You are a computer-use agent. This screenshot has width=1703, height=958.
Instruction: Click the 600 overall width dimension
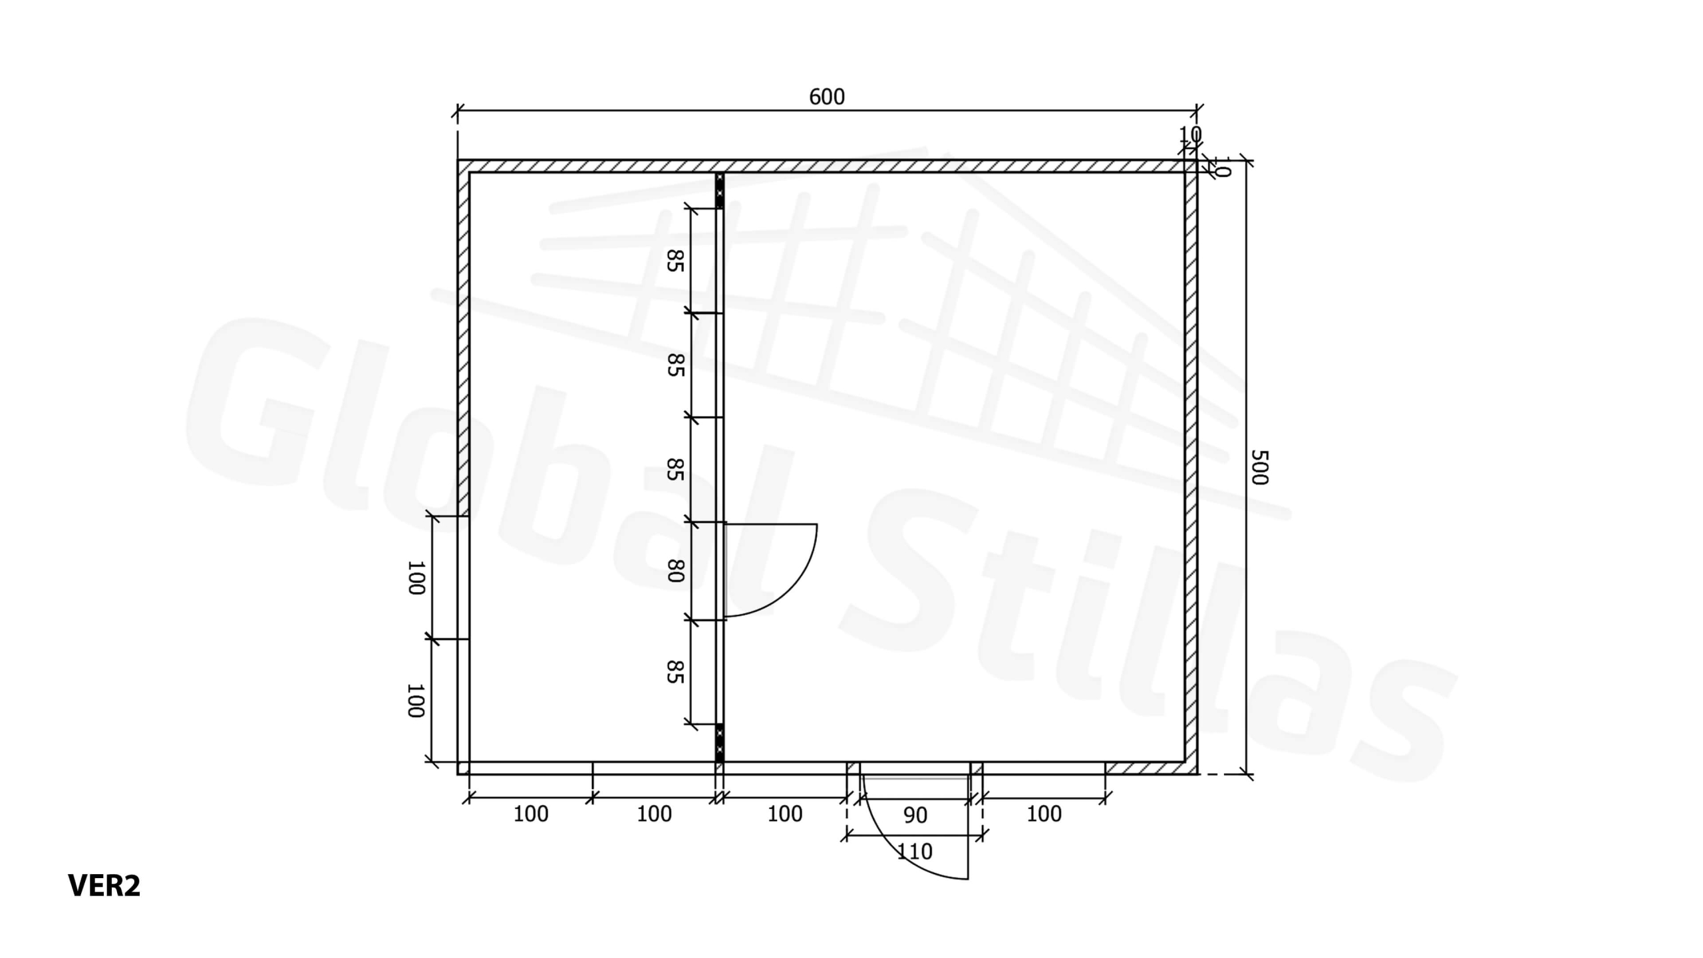(x=827, y=97)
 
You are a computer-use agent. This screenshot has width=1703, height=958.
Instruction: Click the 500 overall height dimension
(x=1259, y=467)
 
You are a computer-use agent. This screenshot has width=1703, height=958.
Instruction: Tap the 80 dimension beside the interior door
(x=675, y=571)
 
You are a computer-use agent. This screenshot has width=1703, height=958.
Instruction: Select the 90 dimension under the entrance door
(x=915, y=815)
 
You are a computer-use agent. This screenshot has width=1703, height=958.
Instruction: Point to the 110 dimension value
(x=915, y=852)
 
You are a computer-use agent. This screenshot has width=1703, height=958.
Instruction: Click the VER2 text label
(x=104, y=885)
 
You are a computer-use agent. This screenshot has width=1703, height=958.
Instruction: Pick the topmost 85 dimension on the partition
(x=675, y=261)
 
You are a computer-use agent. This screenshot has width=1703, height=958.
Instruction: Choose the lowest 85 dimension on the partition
(x=675, y=672)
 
